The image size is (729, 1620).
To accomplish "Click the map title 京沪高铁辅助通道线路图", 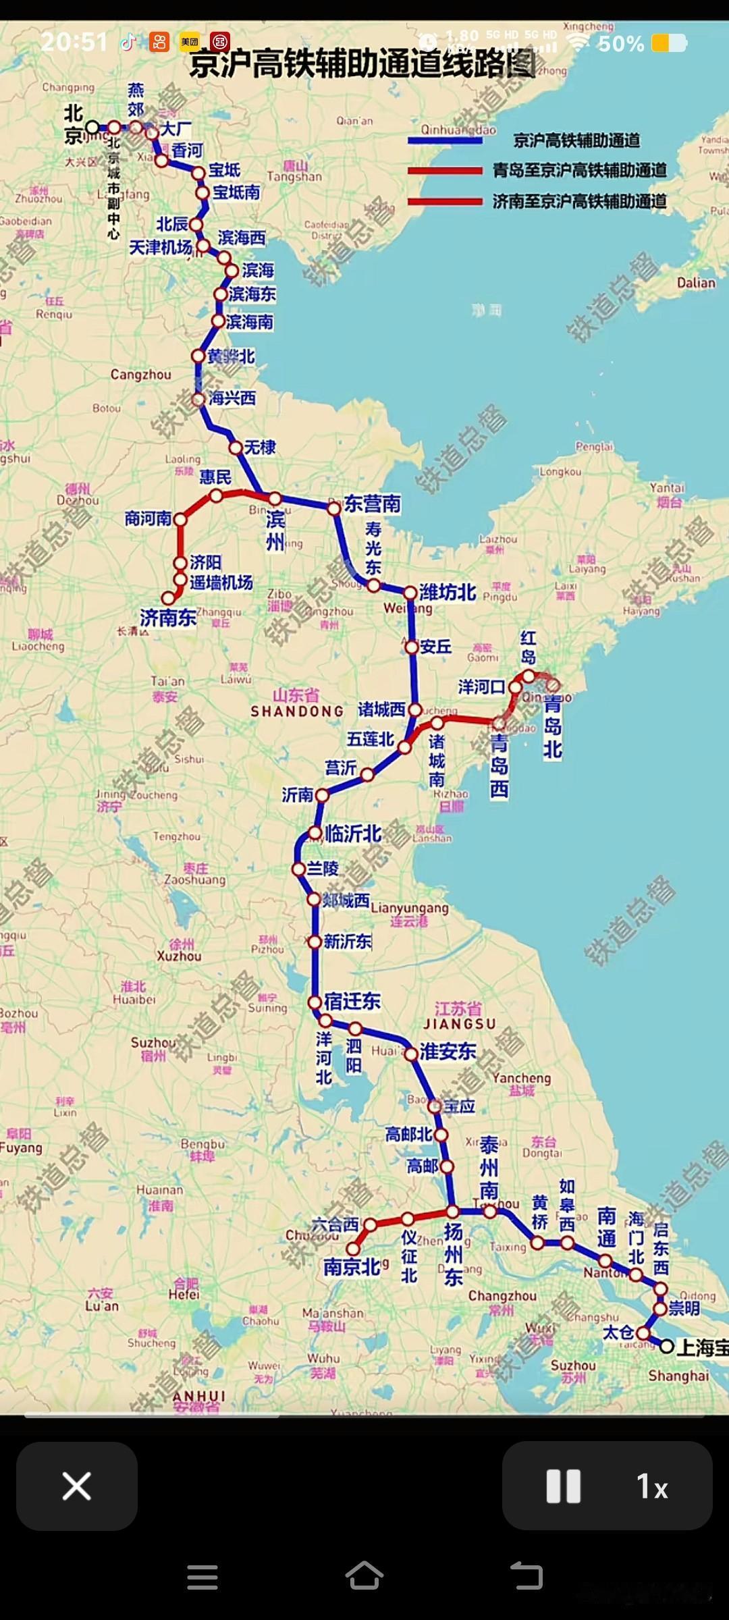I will (362, 65).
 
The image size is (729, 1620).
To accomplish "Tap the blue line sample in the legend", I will (445, 140).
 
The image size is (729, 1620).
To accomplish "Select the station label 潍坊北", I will (448, 592).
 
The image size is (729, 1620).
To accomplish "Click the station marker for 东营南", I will (334, 508).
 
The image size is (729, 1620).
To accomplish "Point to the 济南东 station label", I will (168, 617).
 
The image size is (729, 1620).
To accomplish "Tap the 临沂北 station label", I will (353, 834).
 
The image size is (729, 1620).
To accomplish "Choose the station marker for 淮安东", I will (411, 1054).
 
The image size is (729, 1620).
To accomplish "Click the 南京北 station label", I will (351, 1267).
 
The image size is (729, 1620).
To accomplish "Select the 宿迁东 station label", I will (352, 1000).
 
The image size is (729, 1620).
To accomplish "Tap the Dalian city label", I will (696, 283).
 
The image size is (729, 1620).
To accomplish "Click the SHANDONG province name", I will (297, 711).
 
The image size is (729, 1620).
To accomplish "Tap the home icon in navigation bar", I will (364, 1576).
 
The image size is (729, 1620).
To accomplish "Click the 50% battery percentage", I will (620, 44).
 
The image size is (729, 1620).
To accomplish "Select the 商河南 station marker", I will (180, 519).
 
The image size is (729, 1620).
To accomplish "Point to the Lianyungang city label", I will (409, 908).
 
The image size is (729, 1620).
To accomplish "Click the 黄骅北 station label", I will (231, 356).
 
